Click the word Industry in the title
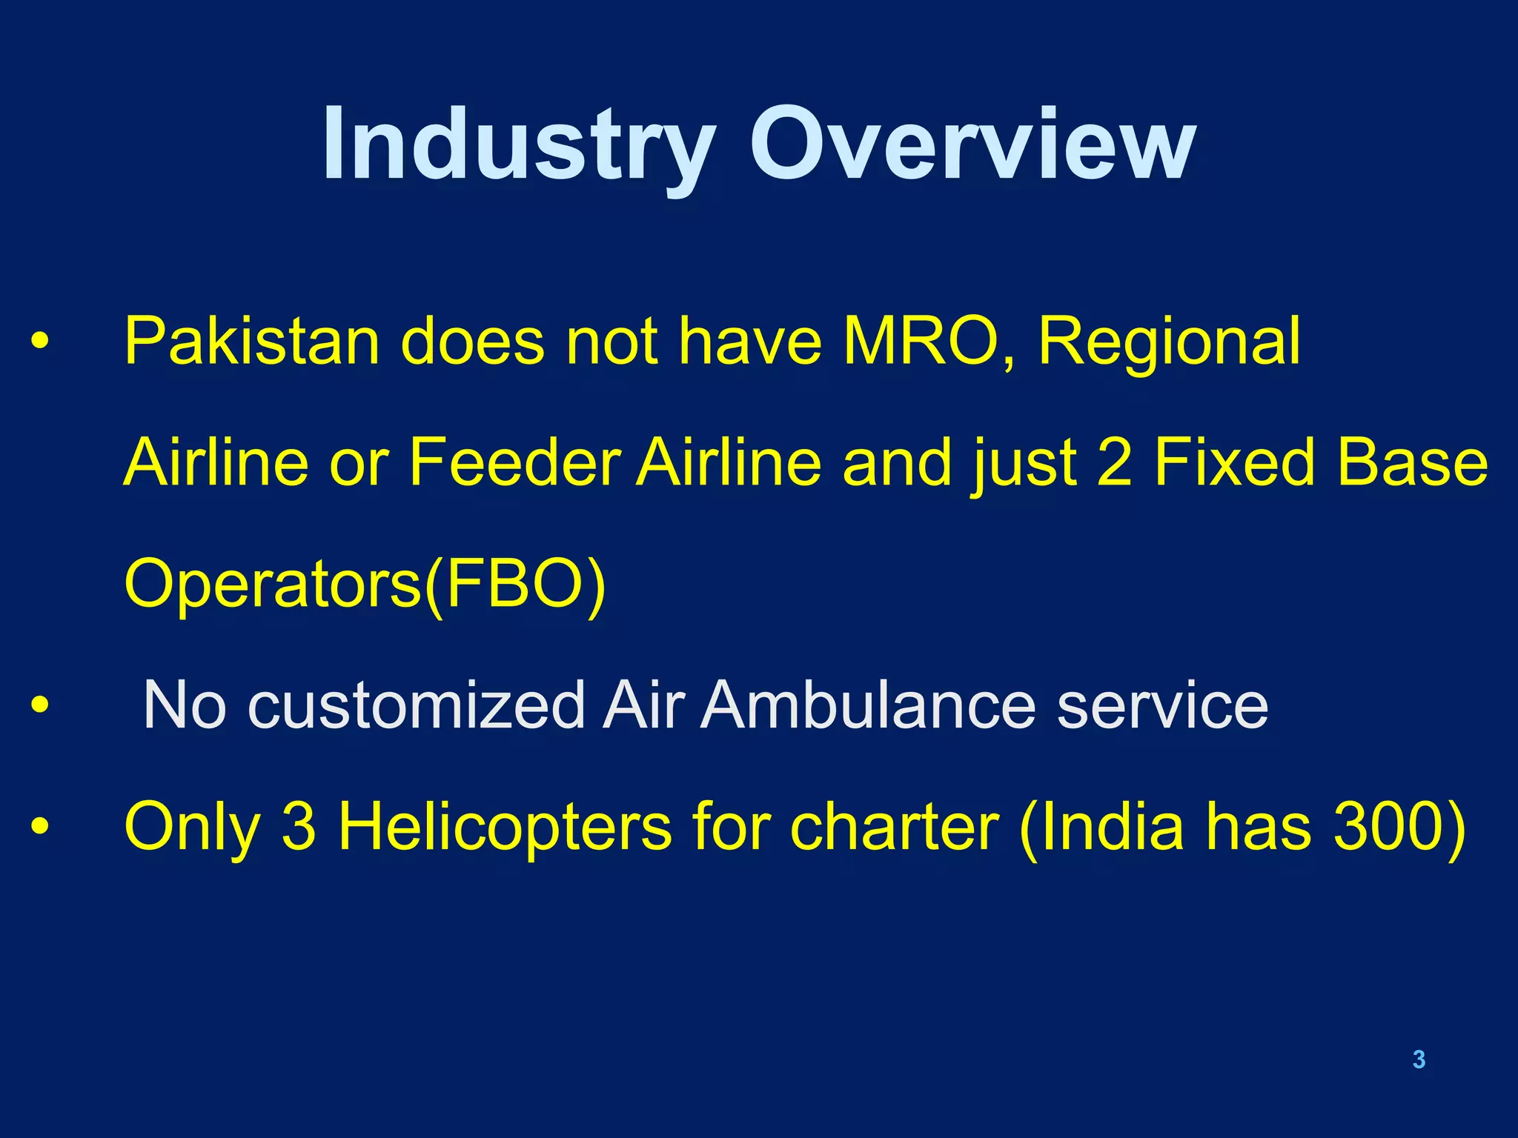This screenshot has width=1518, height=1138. [x=519, y=144]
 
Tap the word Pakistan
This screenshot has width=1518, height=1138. [x=252, y=342]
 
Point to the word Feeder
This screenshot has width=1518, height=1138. [x=514, y=462]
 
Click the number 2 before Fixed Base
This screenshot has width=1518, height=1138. [x=1114, y=462]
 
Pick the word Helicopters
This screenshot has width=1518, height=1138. [x=504, y=827]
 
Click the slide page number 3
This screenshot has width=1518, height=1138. [x=1419, y=1059]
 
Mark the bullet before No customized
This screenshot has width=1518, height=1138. [x=40, y=705]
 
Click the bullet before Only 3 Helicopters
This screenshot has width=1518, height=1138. [x=40, y=827]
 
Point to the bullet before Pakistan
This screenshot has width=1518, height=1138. [x=40, y=342]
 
